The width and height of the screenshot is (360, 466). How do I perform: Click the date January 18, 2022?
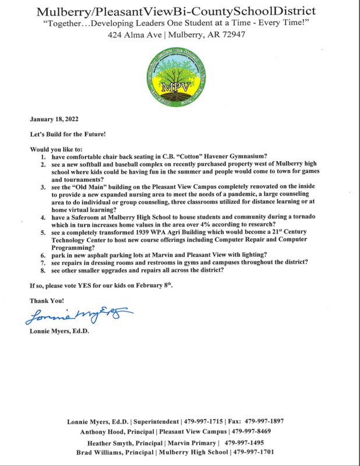pos(54,119)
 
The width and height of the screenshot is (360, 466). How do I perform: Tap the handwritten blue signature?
pos(79,315)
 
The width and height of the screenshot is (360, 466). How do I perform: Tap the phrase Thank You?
pos(47,301)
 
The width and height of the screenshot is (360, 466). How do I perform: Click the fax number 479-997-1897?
pos(264,421)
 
